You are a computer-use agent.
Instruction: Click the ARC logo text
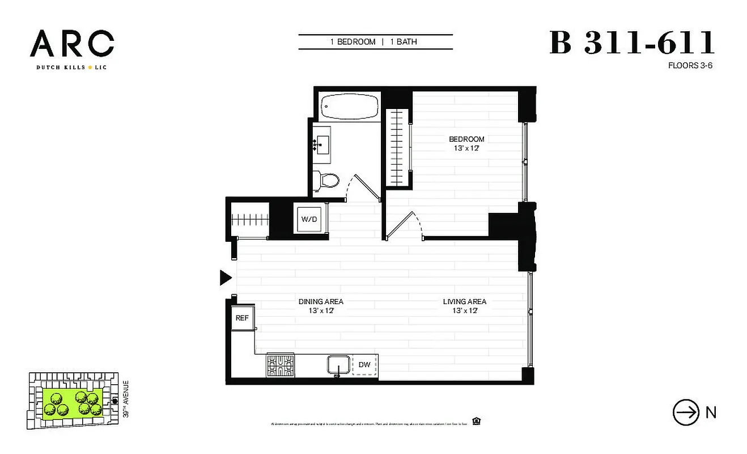72,44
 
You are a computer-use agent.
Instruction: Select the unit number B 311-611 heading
632,43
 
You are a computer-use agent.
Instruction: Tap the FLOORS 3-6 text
690,65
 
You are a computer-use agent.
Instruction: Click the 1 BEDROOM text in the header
353,42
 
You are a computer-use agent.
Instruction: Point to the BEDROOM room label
466,139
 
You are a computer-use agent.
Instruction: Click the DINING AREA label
321,301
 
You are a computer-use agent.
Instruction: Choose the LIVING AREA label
464,301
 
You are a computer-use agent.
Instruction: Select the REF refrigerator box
242,318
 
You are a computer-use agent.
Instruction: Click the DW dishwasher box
364,365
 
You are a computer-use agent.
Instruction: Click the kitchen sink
338,365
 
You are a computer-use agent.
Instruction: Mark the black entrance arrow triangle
226,278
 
